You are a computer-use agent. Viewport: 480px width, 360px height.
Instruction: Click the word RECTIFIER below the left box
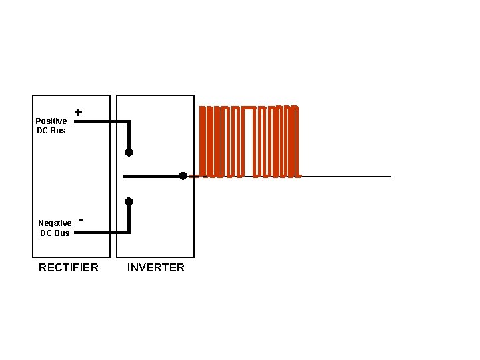coord(69,267)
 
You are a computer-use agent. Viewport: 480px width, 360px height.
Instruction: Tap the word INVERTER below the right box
coord(156,267)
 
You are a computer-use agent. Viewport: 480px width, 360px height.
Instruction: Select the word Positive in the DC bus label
coord(51,121)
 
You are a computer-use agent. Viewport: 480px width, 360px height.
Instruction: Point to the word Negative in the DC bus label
coord(55,223)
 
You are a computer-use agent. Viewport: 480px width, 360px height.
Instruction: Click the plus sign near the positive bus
coord(79,113)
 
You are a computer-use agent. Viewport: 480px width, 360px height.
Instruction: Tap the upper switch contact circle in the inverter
coord(129,153)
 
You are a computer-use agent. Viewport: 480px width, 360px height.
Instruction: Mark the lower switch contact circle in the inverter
coord(129,201)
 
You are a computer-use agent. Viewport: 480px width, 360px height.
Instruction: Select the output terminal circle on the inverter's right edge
coord(183,176)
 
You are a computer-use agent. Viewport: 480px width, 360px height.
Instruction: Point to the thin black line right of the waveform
coord(347,176)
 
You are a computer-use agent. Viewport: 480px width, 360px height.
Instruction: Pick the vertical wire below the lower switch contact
coord(129,217)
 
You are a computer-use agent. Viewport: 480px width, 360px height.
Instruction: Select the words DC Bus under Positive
coord(51,131)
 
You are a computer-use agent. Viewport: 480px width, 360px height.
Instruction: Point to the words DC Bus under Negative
coord(55,233)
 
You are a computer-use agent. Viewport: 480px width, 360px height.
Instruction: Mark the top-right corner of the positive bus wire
coord(129,122)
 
